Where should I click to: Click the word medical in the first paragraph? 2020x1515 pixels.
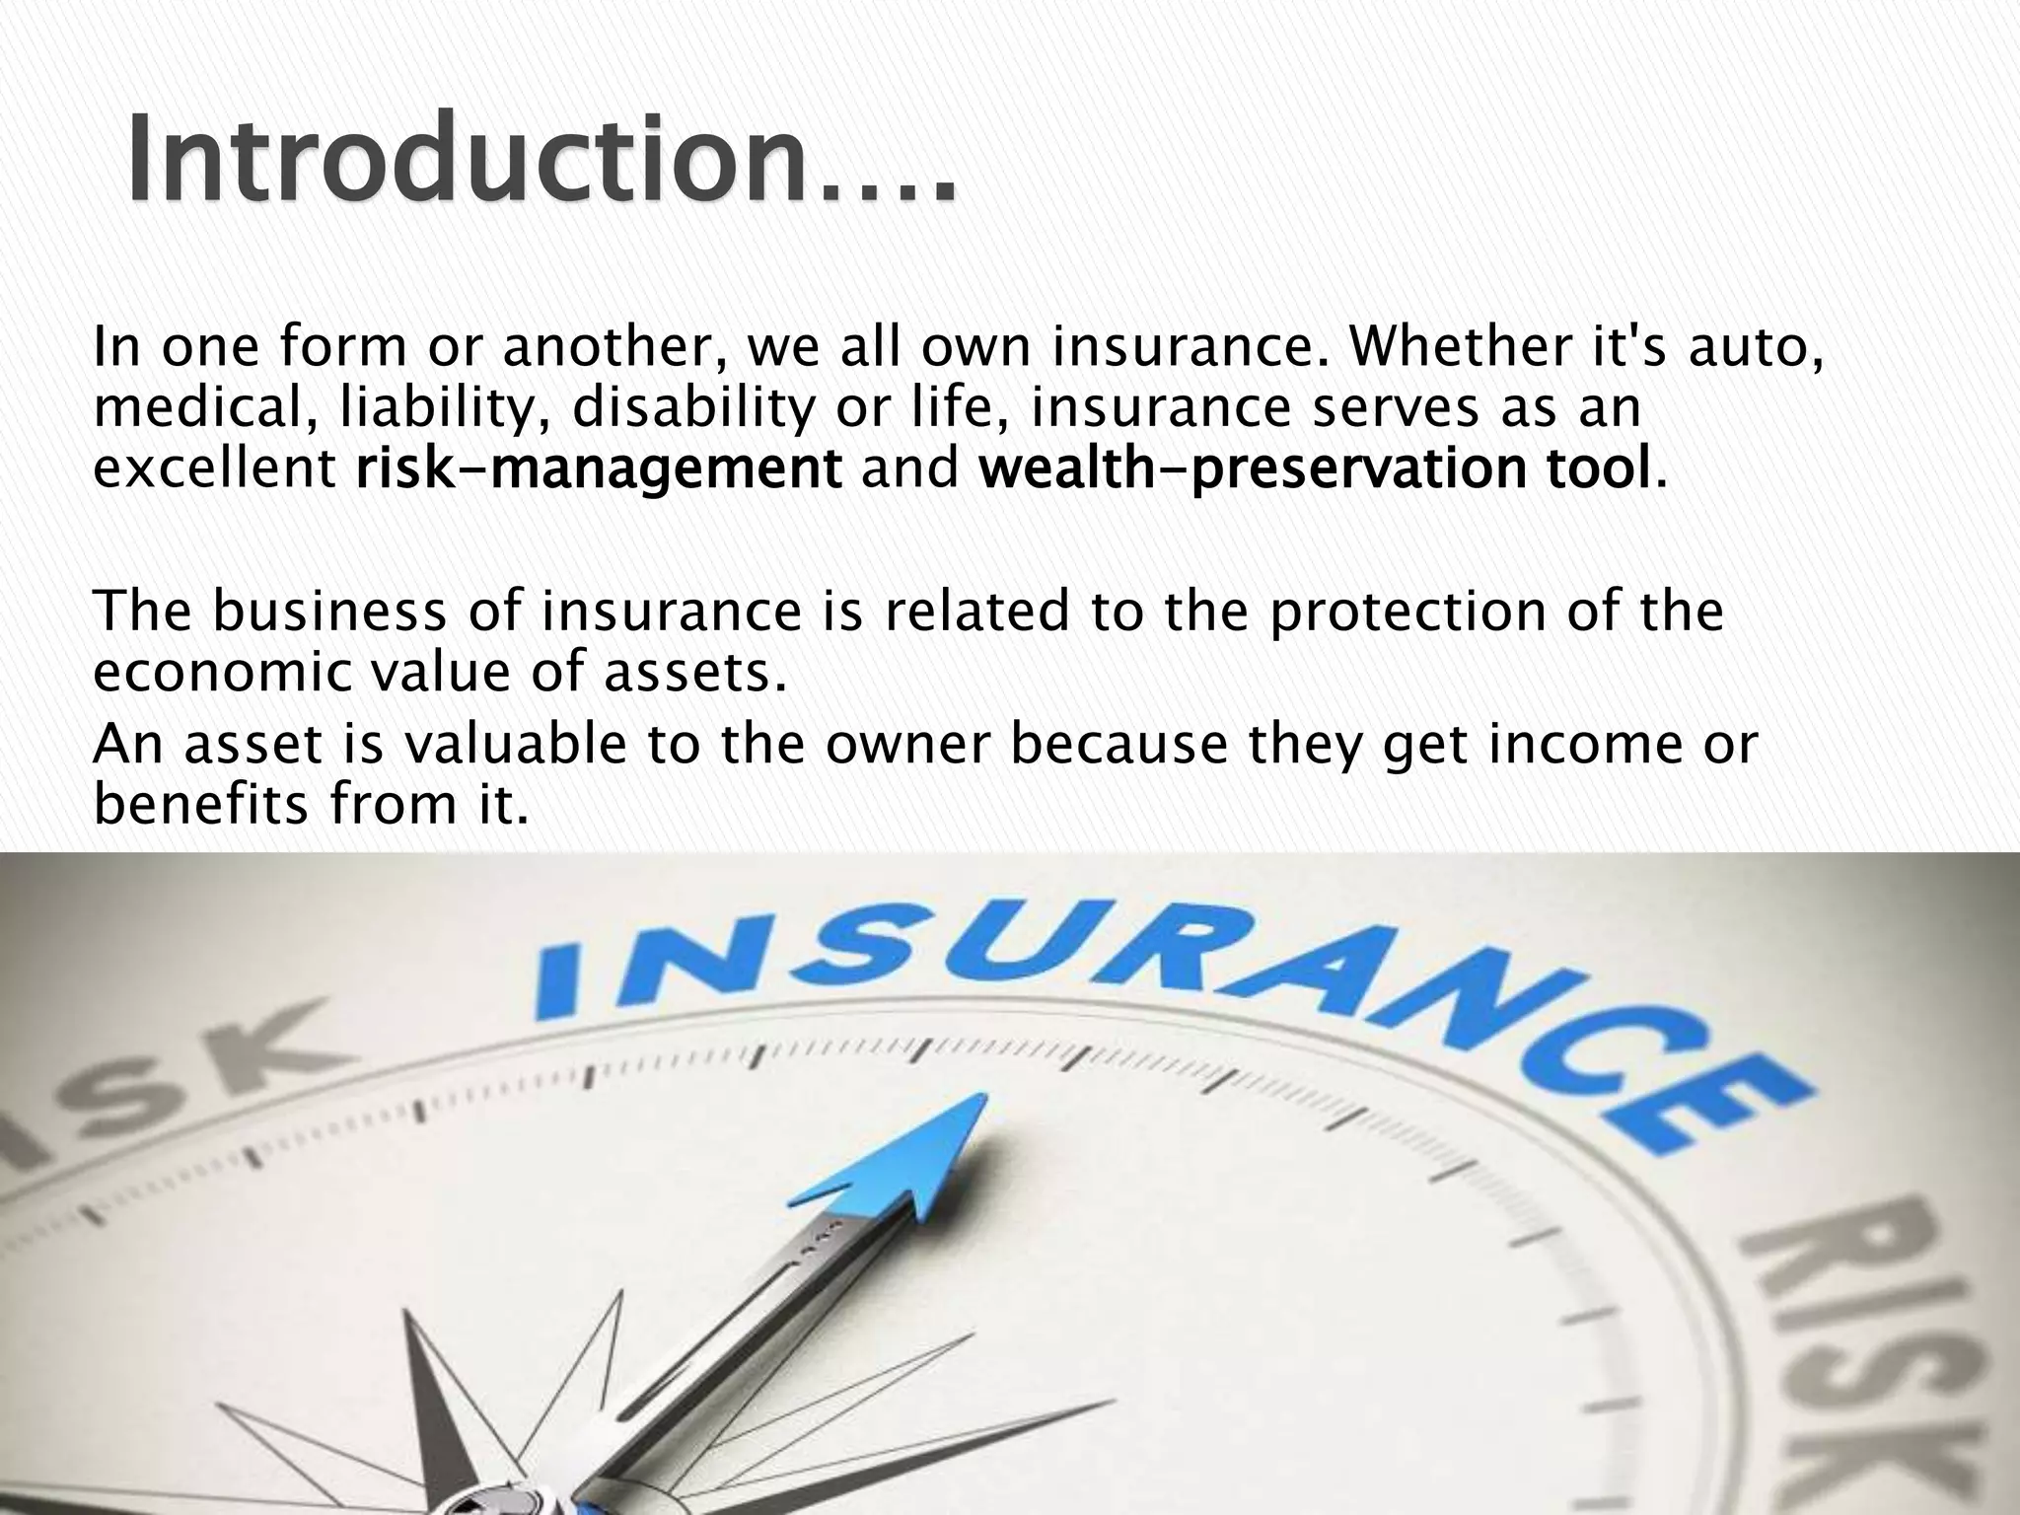203,408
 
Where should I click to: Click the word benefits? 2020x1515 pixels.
201,805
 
